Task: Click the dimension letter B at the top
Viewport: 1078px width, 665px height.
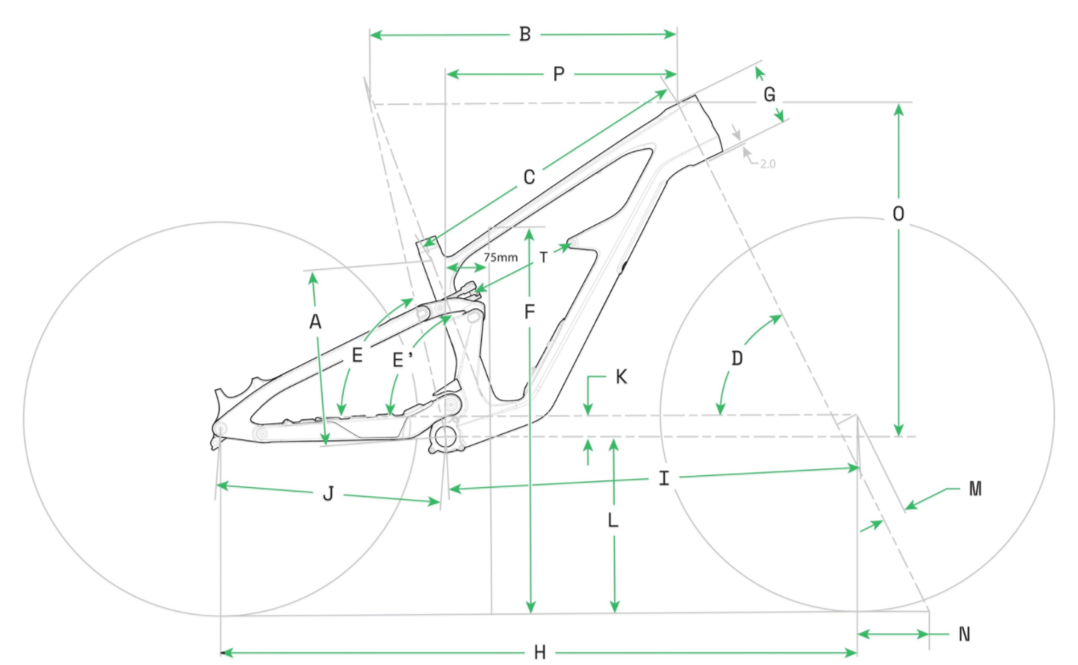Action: point(525,35)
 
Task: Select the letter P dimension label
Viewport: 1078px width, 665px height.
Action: point(559,75)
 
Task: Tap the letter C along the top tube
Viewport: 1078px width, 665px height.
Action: point(529,177)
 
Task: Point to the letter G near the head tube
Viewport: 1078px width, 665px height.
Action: point(769,95)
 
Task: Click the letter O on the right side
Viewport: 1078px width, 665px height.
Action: point(897,214)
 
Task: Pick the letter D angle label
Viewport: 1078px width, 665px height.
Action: point(737,358)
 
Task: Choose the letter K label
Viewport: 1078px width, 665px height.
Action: point(621,376)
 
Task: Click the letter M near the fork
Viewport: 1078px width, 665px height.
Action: point(975,489)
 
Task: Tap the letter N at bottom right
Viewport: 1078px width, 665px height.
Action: point(964,634)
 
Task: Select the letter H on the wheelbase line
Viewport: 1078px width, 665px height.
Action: point(539,653)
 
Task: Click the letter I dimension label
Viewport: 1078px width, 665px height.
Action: point(663,479)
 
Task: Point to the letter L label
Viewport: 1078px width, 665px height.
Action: point(612,520)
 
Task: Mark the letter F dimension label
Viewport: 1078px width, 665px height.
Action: point(529,312)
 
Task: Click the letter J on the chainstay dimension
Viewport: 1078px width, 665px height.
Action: point(328,494)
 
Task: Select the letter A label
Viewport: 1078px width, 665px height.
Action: point(316,322)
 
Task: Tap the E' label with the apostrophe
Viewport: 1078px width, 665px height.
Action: point(403,360)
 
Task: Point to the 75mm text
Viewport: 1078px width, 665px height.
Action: point(501,257)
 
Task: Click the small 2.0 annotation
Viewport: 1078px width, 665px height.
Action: point(767,162)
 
